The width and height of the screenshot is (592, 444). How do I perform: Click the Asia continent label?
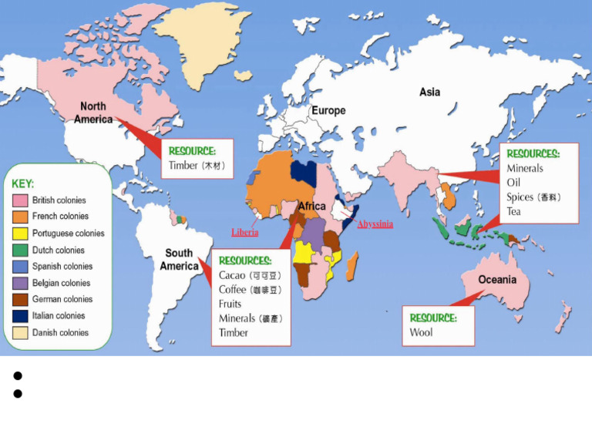pos(429,92)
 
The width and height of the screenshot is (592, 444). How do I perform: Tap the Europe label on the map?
pos(328,110)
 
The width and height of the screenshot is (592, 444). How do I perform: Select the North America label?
pos(93,113)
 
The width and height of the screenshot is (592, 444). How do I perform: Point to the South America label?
pos(179,259)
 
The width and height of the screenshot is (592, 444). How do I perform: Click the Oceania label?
pos(497,279)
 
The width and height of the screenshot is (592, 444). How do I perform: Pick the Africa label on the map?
pos(311,206)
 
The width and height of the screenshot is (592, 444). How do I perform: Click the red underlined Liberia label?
pos(245,232)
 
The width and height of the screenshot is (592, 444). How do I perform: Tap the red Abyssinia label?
pos(375,224)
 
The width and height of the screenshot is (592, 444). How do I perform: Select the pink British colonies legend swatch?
pos(20,200)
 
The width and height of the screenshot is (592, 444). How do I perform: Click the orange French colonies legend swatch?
pos(20,217)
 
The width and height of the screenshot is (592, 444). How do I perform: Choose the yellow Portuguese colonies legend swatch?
pos(20,234)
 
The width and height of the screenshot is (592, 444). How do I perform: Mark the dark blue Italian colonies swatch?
pos(20,316)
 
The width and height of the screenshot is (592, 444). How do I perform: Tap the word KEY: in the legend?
pos(23,184)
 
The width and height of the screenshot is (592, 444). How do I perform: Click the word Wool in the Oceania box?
pos(421,332)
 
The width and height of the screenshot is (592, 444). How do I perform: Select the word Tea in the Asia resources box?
pos(513,211)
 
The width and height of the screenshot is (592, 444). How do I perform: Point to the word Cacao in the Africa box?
pos(232,275)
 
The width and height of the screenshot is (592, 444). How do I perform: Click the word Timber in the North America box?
pos(183,165)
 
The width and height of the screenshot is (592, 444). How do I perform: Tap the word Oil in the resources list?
pos(513,183)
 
